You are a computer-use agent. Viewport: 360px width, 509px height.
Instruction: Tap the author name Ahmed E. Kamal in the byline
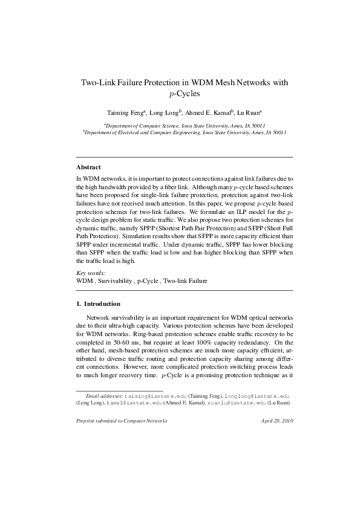pyautogui.click(x=207, y=112)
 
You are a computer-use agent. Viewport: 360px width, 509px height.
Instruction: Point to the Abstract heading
pyautogui.click(x=88, y=167)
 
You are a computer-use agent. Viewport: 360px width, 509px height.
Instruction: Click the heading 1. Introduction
pyautogui.click(x=98, y=303)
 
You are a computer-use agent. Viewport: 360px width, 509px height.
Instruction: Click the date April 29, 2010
pyautogui.click(x=277, y=420)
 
